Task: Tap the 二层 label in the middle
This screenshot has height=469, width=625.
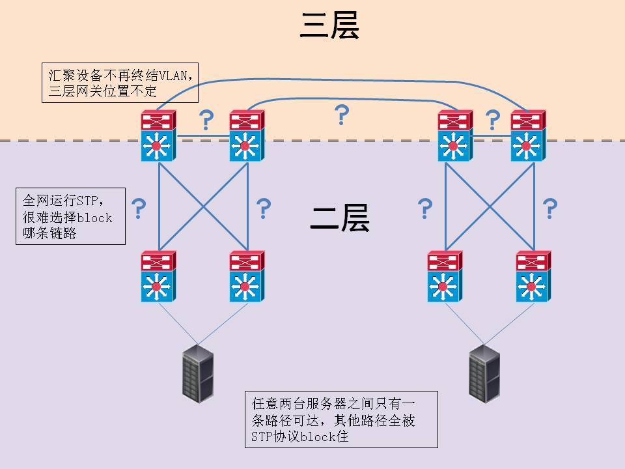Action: (x=340, y=219)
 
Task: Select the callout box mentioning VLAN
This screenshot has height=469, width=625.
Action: (x=120, y=83)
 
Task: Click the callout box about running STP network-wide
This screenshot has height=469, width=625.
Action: (x=70, y=216)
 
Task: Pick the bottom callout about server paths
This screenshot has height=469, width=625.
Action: (x=341, y=419)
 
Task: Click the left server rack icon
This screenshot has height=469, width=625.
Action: (x=198, y=371)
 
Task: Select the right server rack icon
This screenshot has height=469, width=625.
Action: (x=484, y=373)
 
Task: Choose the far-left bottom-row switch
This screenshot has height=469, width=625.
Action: (x=157, y=277)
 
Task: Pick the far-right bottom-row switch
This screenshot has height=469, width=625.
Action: (x=533, y=277)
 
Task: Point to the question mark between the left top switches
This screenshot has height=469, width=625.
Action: (x=206, y=121)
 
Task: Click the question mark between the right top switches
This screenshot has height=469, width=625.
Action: (x=493, y=121)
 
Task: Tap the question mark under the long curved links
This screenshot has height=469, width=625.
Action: (x=340, y=115)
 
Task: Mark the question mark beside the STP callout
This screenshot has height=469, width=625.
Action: (x=138, y=209)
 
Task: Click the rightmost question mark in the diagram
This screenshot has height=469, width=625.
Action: (x=550, y=209)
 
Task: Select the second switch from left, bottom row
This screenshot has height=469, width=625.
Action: (x=246, y=277)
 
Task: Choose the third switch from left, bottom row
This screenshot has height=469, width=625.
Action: (x=445, y=277)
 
